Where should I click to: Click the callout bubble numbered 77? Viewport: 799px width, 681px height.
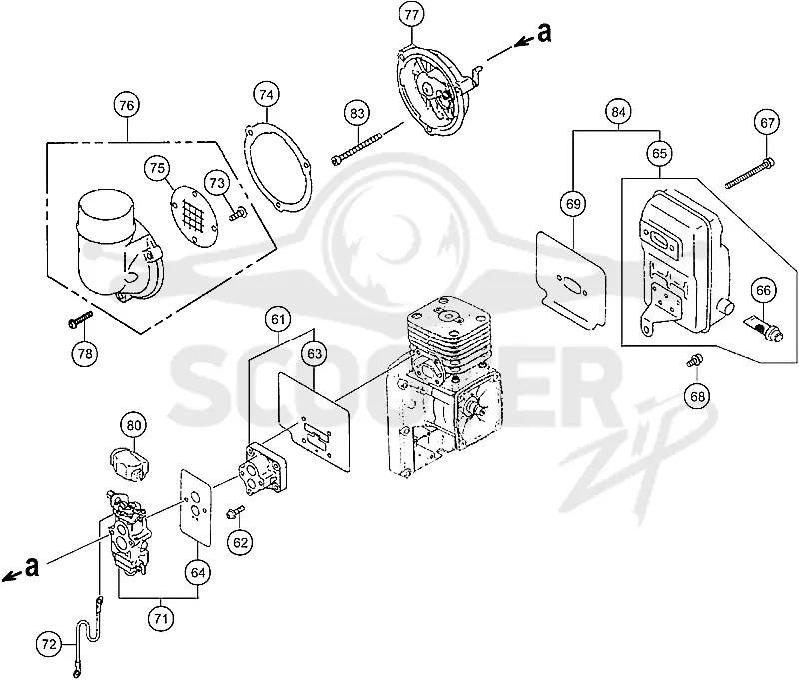(x=411, y=15)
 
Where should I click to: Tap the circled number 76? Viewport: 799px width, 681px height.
(x=127, y=105)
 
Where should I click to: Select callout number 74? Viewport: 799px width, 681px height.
(x=266, y=95)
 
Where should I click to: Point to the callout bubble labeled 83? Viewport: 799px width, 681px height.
(x=357, y=113)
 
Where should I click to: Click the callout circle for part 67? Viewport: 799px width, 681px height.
(x=767, y=123)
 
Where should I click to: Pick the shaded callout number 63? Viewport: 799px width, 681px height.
(x=314, y=353)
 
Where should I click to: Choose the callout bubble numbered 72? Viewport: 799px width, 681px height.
(x=49, y=645)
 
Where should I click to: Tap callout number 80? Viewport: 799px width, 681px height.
(x=134, y=425)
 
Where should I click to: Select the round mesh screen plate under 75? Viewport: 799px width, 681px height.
(x=193, y=216)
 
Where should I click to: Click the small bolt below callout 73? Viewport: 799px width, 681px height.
(x=238, y=214)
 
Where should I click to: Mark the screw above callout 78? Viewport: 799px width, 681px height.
(x=80, y=318)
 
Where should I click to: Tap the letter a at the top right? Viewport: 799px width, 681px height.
(x=544, y=33)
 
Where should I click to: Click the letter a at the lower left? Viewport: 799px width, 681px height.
(x=32, y=567)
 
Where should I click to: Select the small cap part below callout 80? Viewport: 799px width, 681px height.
(x=130, y=464)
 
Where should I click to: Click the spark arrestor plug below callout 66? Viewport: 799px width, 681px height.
(x=762, y=330)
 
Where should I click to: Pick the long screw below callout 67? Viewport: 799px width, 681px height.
(x=749, y=174)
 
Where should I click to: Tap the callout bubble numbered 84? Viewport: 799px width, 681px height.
(x=618, y=112)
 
